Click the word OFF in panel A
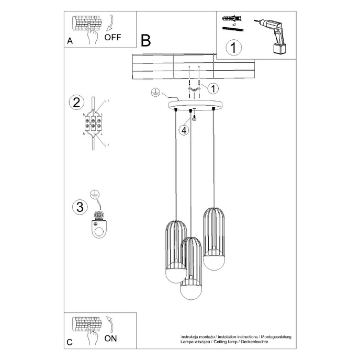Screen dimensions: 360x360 tap(113, 37)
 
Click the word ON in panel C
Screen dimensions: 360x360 tap(110, 338)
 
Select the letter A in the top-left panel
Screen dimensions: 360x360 tap(70, 42)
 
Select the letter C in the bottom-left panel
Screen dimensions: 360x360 tap(70, 343)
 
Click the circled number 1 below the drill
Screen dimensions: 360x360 tap(233, 48)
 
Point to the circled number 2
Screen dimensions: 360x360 tap(76, 103)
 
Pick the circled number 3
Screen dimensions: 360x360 tap(80, 207)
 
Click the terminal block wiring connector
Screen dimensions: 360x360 tap(93, 125)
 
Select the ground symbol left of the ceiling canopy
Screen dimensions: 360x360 tap(154, 92)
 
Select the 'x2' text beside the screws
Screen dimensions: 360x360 tap(234, 25)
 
